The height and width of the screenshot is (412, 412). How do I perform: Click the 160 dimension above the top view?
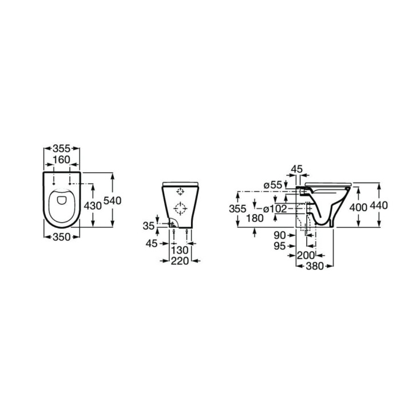61,159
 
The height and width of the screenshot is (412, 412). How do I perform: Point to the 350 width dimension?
61,237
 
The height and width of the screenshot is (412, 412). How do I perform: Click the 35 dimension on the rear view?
148,226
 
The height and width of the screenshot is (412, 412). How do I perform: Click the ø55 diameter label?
274,184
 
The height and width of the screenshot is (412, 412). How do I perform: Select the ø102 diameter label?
275,208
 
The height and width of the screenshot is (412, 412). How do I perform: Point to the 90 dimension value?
280,235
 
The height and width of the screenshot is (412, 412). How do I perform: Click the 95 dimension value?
280,245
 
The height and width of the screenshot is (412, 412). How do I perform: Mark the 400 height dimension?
358,206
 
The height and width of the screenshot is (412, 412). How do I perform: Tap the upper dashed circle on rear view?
181,191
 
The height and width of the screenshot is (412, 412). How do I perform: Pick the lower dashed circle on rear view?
181,208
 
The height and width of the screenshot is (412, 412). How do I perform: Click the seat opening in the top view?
61,203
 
